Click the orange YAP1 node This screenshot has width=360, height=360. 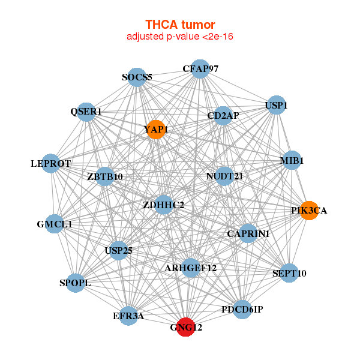[155, 130]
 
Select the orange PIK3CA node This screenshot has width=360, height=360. [308, 211]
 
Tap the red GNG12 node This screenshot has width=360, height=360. [186, 328]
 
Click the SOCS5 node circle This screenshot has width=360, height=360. [137, 77]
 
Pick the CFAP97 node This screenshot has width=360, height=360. [200, 69]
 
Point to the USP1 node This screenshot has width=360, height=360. [276, 106]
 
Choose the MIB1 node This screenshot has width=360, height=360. [292, 161]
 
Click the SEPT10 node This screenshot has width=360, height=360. [289, 273]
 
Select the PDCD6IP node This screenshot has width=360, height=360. [242, 310]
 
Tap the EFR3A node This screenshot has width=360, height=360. [128, 316]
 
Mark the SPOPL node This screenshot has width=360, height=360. [75, 283]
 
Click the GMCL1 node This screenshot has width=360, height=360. [55, 224]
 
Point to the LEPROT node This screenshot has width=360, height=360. [51, 163]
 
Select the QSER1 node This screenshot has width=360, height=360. [86, 112]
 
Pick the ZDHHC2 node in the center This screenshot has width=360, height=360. [164, 205]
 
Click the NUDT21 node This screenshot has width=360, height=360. [224, 176]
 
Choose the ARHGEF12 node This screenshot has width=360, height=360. [191, 268]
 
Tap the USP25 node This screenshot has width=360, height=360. [119, 249]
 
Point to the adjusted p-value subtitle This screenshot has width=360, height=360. [180, 37]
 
